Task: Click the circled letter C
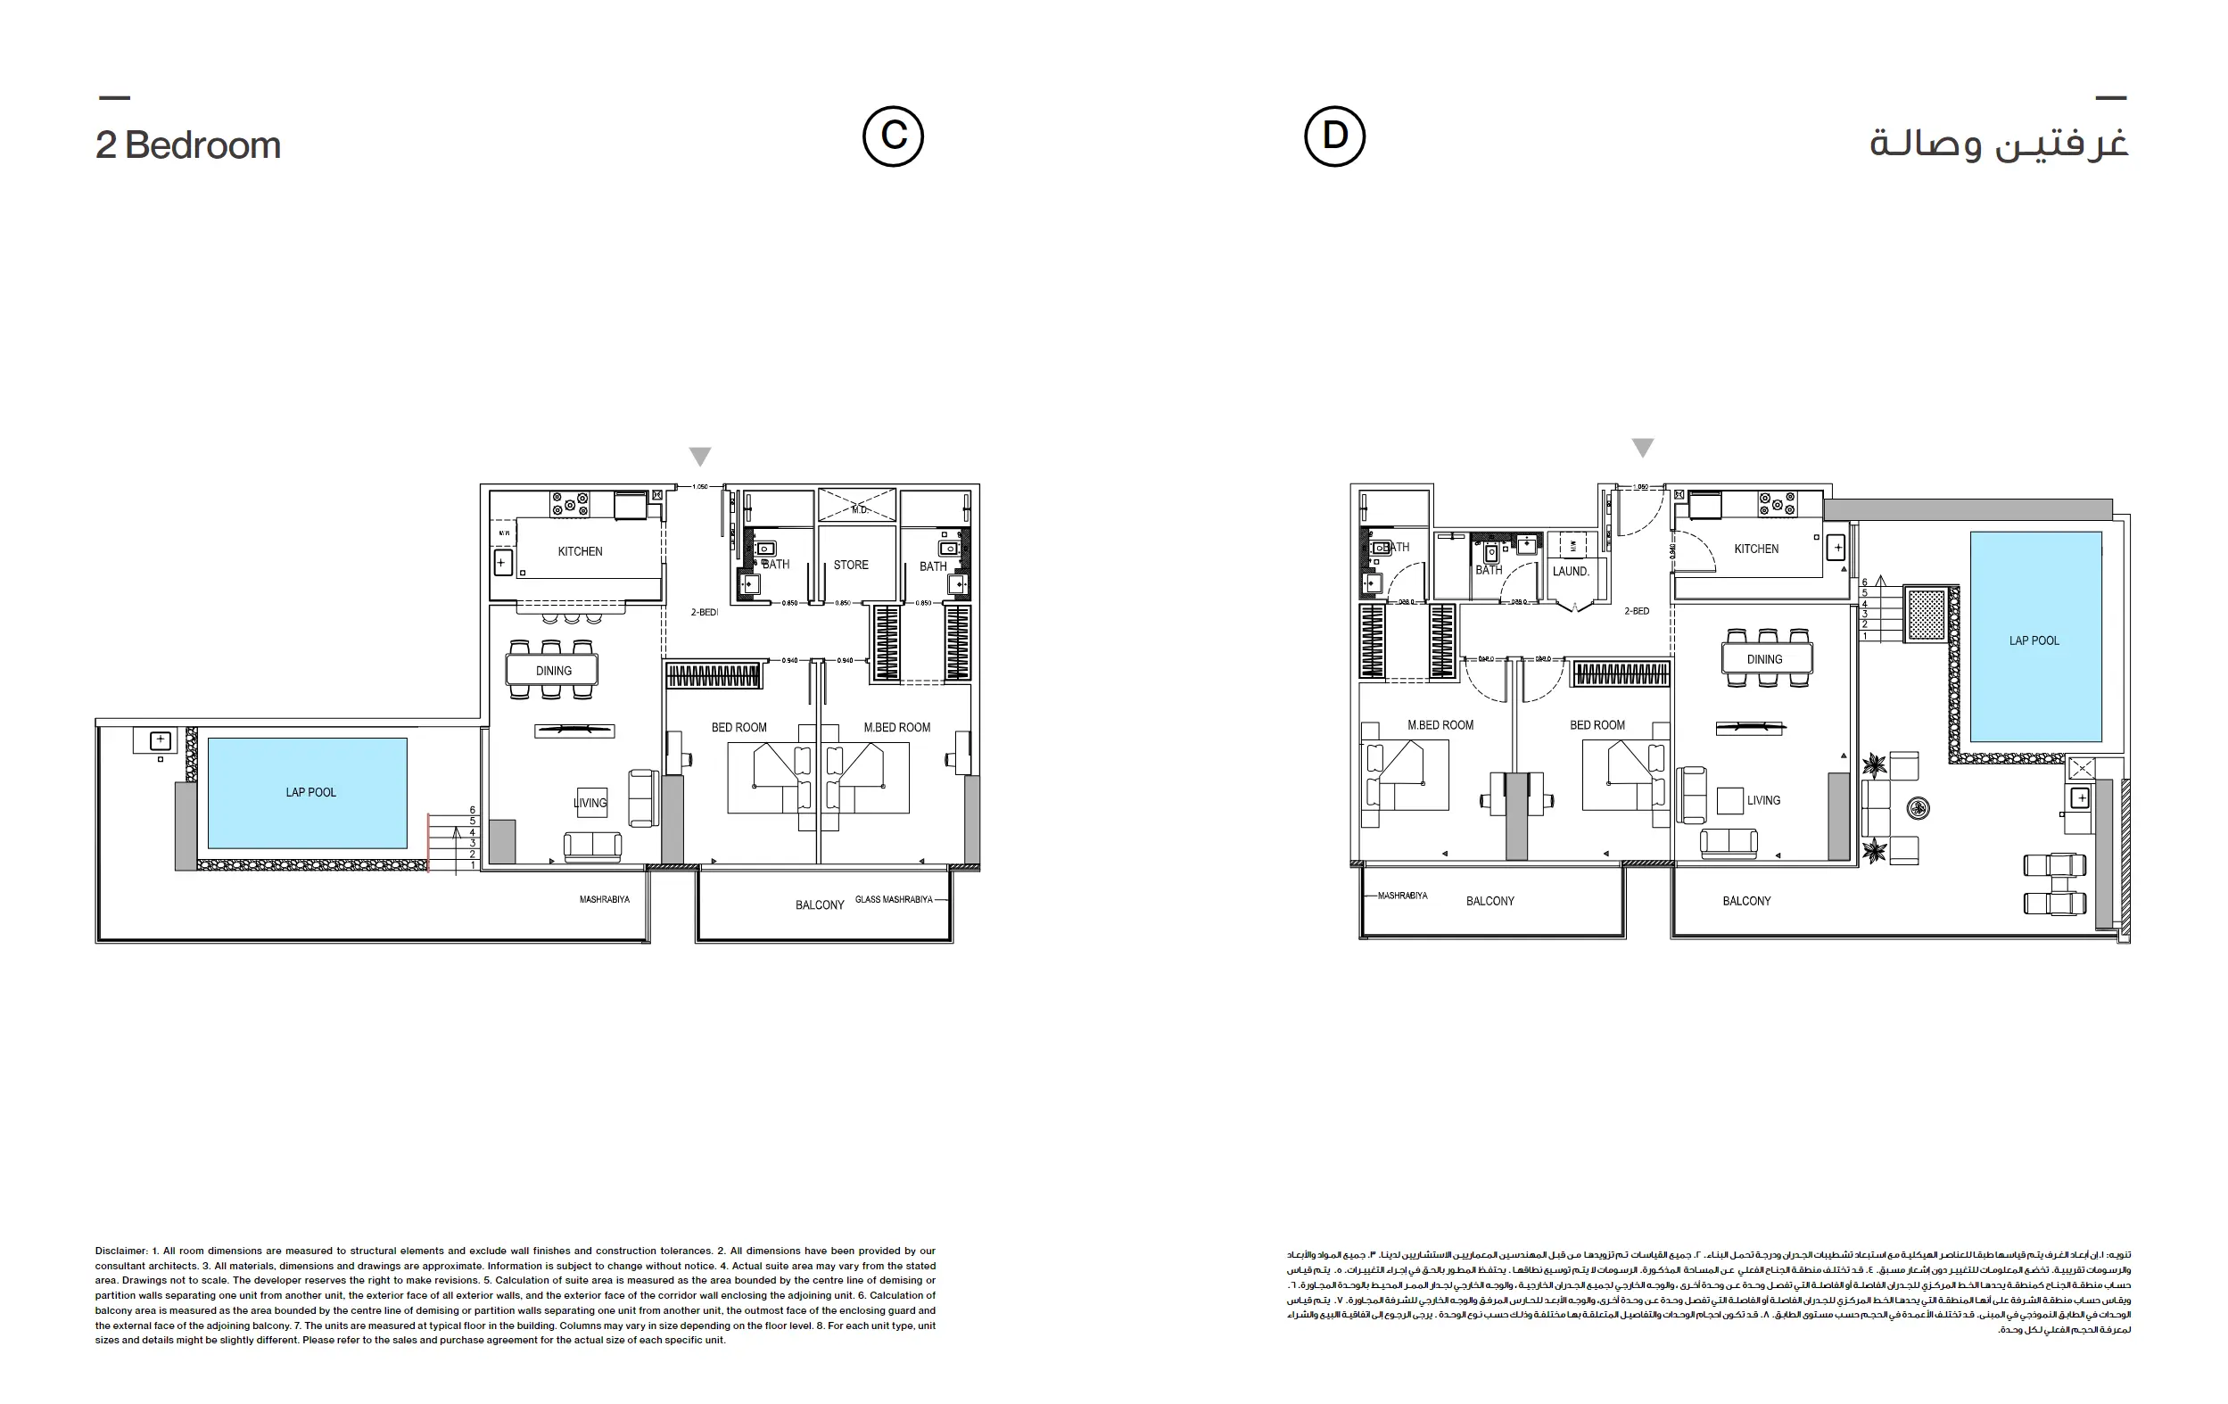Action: (x=893, y=136)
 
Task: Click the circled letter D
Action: (x=1334, y=136)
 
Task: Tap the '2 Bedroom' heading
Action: (x=188, y=145)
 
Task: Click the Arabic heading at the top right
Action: (x=1999, y=144)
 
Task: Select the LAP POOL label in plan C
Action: (x=311, y=792)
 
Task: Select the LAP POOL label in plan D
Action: (x=2034, y=640)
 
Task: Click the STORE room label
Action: (x=850, y=565)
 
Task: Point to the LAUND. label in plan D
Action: (x=1570, y=571)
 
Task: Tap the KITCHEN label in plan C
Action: (x=580, y=551)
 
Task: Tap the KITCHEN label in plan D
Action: (x=1756, y=549)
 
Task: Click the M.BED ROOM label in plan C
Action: (x=896, y=728)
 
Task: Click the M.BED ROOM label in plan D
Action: (x=1440, y=724)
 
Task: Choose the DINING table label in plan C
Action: (x=553, y=671)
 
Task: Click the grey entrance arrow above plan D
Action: (x=1642, y=448)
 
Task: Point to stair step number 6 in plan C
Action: (x=473, y=810)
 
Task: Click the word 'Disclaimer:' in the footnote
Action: (x=121, y=1251)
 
